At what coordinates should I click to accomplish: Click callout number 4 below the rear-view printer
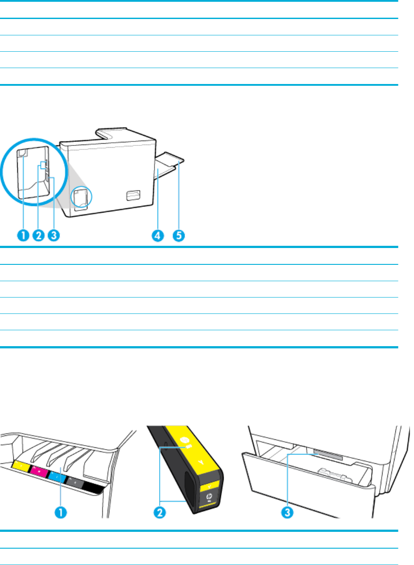point(157,236)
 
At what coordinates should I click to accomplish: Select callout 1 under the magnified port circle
point(23,236)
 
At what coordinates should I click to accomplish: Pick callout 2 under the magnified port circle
point(38,236)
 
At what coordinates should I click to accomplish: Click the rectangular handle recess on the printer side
point(133,197)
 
